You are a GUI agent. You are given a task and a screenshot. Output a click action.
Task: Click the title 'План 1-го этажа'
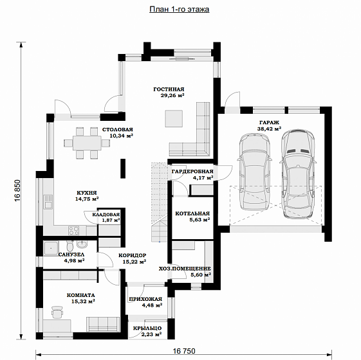(x=180, y=10)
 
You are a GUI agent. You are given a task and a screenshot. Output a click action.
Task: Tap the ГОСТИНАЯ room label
(x=169, y=89)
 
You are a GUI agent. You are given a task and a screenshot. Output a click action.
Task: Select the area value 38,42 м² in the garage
(x=269, y=129)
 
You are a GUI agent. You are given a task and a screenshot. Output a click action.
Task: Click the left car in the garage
(x=255, y=172)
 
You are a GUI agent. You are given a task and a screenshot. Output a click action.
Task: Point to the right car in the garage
(x=298, y=174)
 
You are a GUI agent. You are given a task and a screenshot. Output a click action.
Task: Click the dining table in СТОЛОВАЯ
(x=87, y=143)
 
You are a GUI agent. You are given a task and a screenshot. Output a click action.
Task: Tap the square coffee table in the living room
(x=174, y=118)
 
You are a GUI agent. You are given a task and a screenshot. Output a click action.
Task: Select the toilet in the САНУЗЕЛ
(x=69, y=246)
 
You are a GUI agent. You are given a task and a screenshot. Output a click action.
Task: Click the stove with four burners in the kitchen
(x=73, y=231)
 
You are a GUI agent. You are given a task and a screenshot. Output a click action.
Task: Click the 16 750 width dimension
(x=184, y=351)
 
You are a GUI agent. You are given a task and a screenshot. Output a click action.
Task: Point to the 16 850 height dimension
(x=18, y=191)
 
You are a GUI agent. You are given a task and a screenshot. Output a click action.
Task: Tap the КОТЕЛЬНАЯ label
(x=192, y=213)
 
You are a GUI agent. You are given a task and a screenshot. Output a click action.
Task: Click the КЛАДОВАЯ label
(x=106, y=215)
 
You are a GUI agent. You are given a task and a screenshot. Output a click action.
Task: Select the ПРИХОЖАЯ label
(x=145, y=299)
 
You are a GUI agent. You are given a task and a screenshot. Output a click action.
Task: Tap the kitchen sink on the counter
(x=48, y=202)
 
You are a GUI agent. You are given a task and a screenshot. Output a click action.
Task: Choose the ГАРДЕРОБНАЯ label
(x=192, y=172)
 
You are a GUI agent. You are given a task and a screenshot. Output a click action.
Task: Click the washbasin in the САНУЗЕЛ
(x=82, y=244)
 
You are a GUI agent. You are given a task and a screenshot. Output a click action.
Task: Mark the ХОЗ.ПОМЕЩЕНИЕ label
(x=185, y=269)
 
